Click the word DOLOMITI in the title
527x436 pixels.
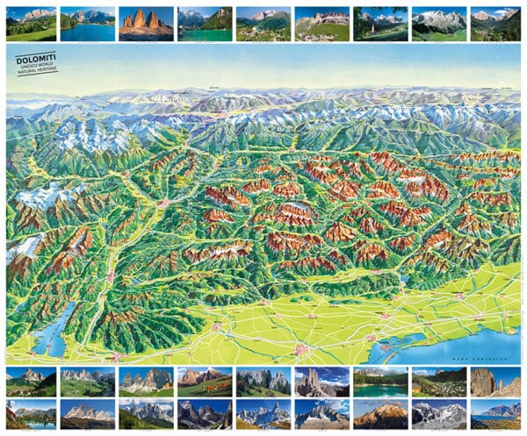[x=35, y=59]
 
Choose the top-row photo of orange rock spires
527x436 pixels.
[x=146, y=25]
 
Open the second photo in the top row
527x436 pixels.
[x=88, y=25]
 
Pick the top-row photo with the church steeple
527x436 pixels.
[x=379, y=25]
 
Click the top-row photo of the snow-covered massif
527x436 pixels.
[x=438, y=25]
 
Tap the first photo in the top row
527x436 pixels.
[x=30, y=25]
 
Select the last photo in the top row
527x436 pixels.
[x=496, y=25]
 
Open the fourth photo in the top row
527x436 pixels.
[x=205, y=25]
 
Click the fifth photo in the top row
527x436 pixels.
[x=263, y=25]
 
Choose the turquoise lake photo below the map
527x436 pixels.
[x=379, y=382]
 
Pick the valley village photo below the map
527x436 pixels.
[x=438, y=382]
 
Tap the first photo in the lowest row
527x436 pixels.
[x=30, y=414]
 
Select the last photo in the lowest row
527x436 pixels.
[x=496, y=414]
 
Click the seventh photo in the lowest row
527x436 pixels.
[x=379, y=414]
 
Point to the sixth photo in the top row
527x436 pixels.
[x=321, y=25]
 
